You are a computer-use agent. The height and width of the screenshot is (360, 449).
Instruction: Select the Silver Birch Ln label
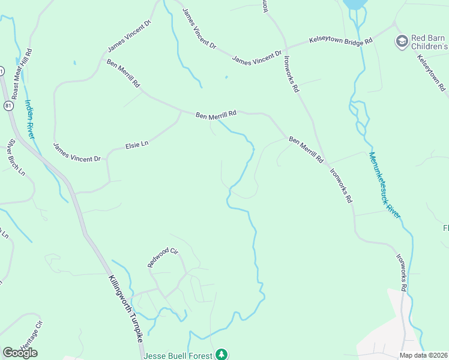pyautogui.click(x=16, y=157)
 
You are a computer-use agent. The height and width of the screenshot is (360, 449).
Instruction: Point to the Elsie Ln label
pyautogui.click(x=136, y=144)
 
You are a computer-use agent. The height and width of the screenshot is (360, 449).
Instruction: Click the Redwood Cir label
pyautogui.click(x=163, y=257)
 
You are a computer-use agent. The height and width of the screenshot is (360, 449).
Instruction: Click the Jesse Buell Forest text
pyautogui.click(x=178, y=355)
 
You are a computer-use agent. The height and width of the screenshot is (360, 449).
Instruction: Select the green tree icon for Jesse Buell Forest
pyautogui.click(x=223, y=355)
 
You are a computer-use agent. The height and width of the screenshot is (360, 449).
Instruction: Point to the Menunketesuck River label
pyautogui.click(x=384, y=184)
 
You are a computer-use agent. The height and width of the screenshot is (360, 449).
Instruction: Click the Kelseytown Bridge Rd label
pyautogui.click(x=340, y=40)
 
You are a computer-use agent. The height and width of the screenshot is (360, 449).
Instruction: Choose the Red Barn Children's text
pyautogui.click(x=429, y=42)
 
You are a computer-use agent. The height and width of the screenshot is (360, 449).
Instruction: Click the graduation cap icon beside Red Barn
pyautogui.click(x=401, y=41)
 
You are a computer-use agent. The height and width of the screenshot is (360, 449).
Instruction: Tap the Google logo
pyautogui.click(x=20, y=353)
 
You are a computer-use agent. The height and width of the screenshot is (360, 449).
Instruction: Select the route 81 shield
pyautogui.click(x=7, y=106)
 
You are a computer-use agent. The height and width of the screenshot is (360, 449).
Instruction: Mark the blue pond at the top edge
pyautogui.click(x=355, y=4)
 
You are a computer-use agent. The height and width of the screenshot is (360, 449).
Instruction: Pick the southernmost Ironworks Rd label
pyautogui.click(x=402, y=271)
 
